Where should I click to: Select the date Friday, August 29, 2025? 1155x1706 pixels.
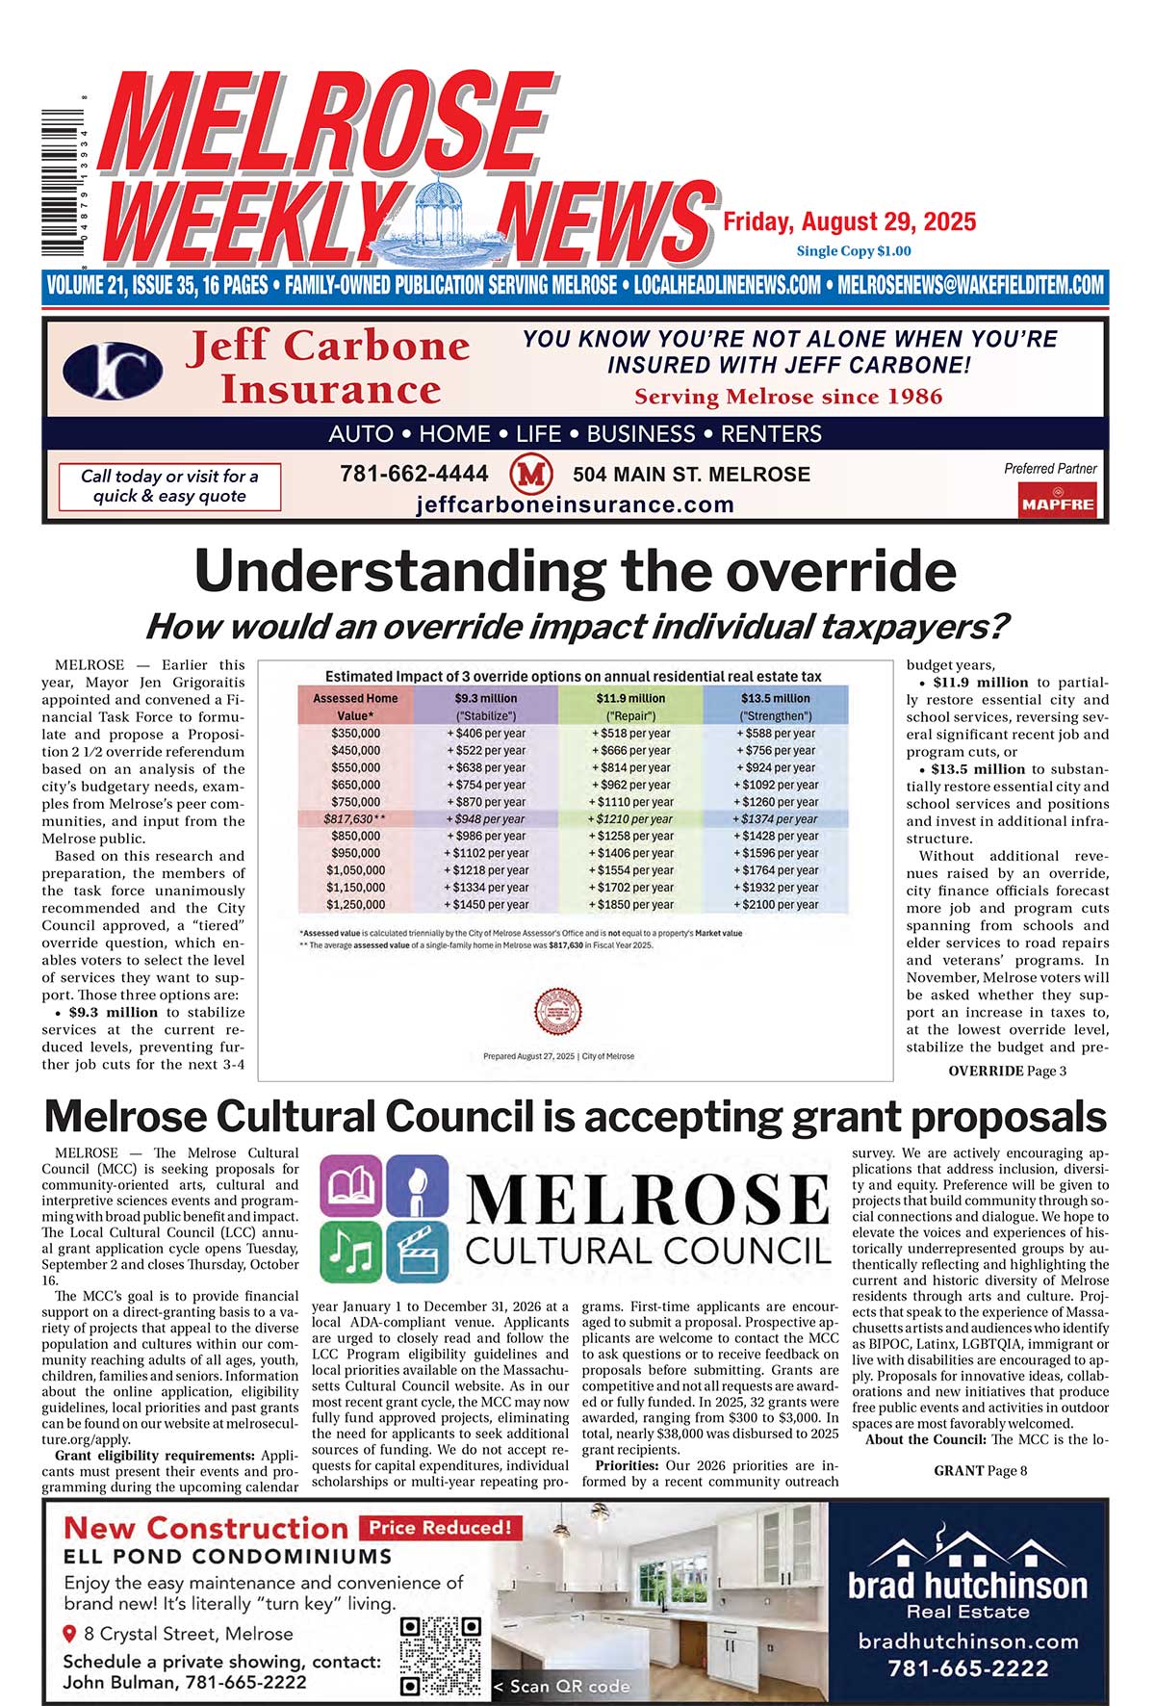(849, 222)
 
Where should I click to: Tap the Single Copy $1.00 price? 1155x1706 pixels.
(853, 251)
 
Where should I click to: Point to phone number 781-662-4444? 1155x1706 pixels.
(414, 474)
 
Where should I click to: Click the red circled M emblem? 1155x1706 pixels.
(530, 474)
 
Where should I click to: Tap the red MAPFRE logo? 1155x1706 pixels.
(1057, 501)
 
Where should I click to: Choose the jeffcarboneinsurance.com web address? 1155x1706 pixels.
(575, 504)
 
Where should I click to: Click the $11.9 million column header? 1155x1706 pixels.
(630, 698)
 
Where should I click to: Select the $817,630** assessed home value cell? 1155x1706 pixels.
(354, 819)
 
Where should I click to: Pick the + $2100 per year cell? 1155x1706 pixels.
(776, 905)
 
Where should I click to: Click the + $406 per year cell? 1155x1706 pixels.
(485, 734)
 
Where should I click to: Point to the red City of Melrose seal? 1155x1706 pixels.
(558, 1012)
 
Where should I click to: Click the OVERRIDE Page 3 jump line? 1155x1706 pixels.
(1007, 1071)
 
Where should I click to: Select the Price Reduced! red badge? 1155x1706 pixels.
(440, 1527)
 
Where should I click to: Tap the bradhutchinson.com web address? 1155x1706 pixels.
(967, 1641)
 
